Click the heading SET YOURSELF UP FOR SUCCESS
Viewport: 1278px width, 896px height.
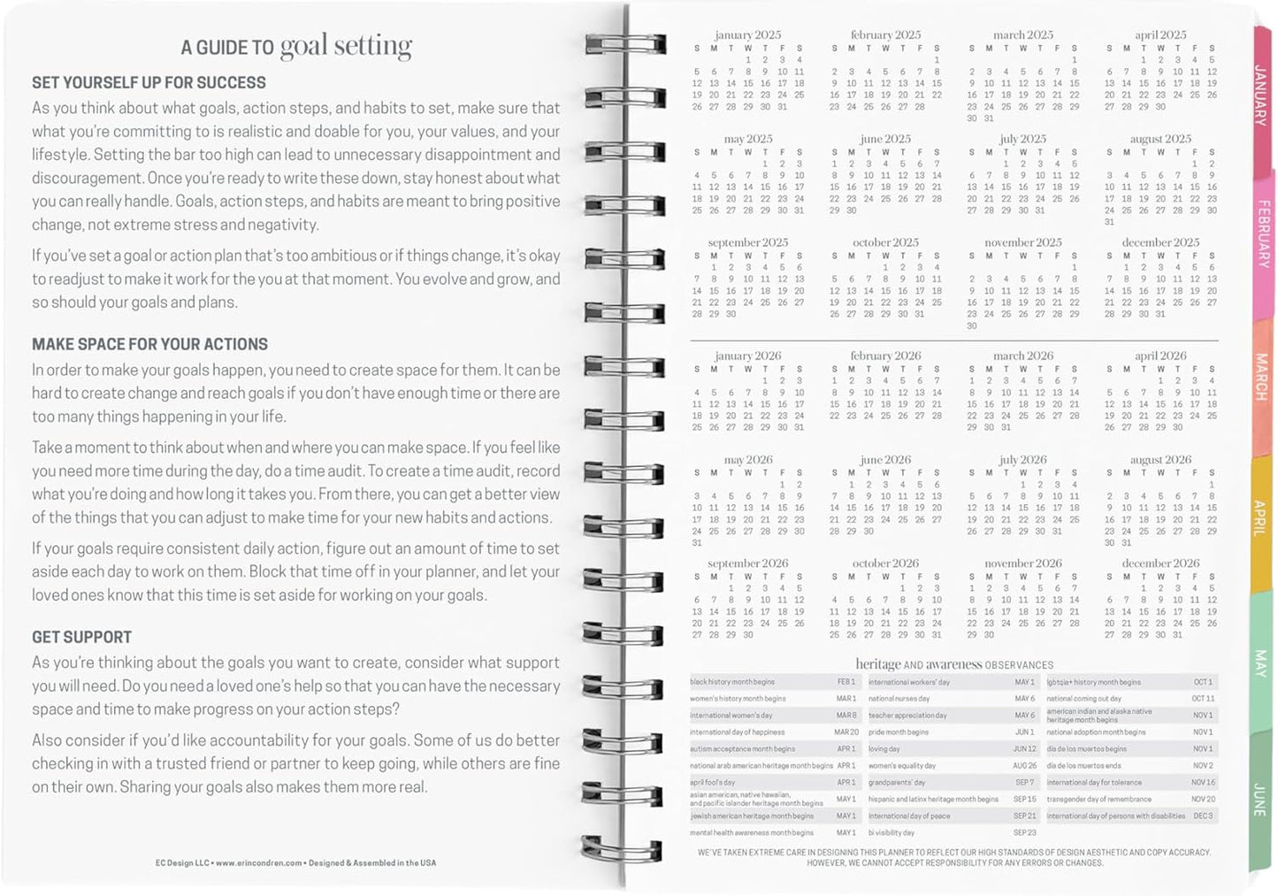(x=149, y=83)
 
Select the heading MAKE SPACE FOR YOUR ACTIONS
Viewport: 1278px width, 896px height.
(x=149, y=345)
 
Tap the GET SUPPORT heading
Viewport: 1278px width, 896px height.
(x=81, y=638)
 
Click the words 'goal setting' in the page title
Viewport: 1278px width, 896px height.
(x=346, y=46)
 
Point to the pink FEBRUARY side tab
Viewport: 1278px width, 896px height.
(x=1263, y=234)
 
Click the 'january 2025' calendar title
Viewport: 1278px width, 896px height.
(x=747, y=35)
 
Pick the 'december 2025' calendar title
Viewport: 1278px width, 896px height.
(x=1160, y=242)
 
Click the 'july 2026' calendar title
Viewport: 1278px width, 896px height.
(x=1022, y=460)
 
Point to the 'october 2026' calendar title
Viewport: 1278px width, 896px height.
(x=885, y=563)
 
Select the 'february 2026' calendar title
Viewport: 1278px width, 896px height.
(x=885, y=356)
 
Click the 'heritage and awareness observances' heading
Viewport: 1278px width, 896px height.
(x=954, y=664)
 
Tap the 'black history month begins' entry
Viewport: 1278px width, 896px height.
(x=732, y=682)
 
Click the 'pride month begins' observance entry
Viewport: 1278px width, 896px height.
(x=899, y=732)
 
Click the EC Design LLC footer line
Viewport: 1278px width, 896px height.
(x=295, y=862)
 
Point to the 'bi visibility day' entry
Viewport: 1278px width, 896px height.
(x=892, y=833)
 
